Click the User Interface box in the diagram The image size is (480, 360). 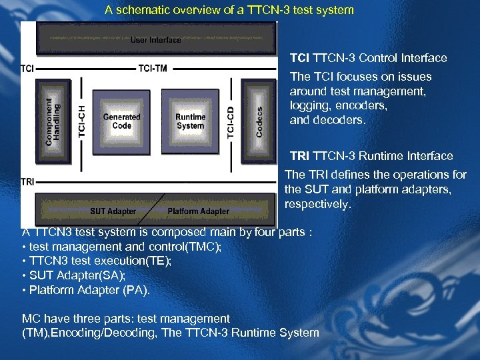155,39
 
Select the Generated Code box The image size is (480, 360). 121,121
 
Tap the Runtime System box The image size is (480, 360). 191,121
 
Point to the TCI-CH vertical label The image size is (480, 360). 82,121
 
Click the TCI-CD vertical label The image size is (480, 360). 231,122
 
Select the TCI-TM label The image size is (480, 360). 153,67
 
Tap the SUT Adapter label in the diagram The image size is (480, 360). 113,211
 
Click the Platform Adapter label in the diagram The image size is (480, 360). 198,211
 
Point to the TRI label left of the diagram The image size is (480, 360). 27,181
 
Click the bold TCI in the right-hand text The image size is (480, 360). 299,58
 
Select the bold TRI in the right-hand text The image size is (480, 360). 300,156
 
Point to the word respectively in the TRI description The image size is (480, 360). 317,204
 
